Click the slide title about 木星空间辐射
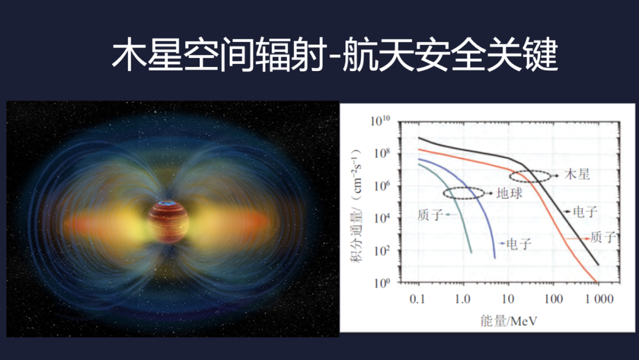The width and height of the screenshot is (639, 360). (335, 54)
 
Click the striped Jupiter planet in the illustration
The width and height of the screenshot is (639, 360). (168, 221)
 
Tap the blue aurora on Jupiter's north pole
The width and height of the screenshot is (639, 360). (167, 203)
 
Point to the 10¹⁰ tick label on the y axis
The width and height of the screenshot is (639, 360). (380, 121)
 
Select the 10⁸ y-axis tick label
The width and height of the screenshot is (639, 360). (381, 153)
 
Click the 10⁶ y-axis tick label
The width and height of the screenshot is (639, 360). (381, 186)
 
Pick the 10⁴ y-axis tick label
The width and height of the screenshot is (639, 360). (381, 218)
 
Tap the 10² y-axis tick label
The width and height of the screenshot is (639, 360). (381, 250)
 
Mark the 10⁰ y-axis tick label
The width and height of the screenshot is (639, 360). (381, 283)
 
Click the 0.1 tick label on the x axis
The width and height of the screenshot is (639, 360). (417, 299)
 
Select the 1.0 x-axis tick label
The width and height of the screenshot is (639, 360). (463, 299)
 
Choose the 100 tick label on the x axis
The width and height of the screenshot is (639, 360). (553, 299)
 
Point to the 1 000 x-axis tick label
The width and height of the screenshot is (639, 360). (599, 299)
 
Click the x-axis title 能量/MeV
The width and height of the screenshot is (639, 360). (509, 321)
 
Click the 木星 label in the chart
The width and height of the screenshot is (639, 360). (577, 175)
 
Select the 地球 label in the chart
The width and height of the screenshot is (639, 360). (509, 193)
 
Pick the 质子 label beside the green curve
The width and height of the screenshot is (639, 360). (430, 215)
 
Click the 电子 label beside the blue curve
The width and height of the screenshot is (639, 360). (519, 244)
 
